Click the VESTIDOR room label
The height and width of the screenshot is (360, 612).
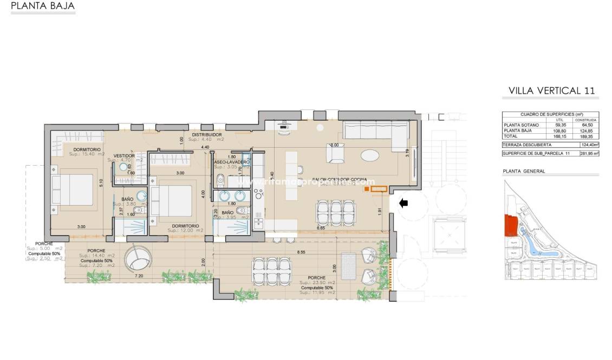124,155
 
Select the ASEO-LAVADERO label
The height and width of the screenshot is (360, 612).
231,162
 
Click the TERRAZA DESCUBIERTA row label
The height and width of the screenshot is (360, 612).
527,145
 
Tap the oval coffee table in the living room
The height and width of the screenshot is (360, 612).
370,156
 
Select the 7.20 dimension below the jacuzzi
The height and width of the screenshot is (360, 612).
138,277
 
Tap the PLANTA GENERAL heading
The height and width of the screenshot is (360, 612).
524,171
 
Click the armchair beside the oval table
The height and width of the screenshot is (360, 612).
335,155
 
